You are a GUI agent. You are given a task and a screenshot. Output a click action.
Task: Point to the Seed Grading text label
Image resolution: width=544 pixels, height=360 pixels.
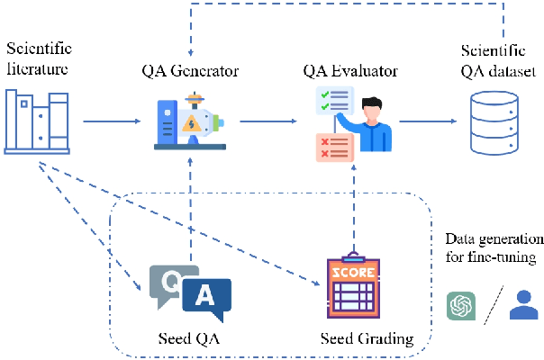coord(367,338)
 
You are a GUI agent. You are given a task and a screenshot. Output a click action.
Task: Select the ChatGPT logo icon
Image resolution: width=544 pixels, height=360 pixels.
coord(462,306)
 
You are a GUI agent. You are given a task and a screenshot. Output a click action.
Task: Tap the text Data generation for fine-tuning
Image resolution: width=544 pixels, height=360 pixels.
coord(494,249)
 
